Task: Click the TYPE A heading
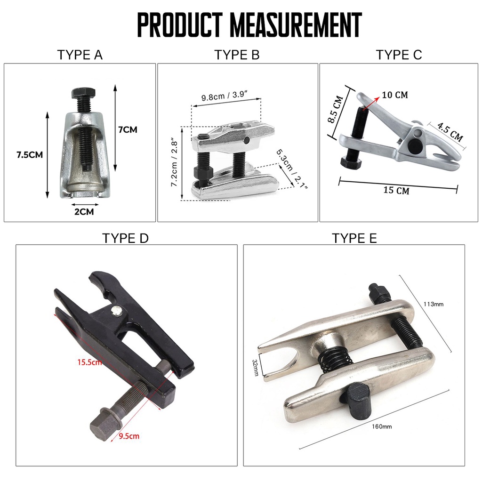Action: coord(80,55)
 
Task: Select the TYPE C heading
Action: coord(399,55)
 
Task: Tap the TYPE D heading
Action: coord(125,238)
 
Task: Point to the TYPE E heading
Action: coord(354,238)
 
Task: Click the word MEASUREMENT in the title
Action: coord(296,24)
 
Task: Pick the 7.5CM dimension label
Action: coord(30,154)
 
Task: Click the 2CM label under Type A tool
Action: coord(84,212)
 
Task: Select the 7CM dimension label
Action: coord(128,130)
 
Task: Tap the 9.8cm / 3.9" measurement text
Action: coord(225,96)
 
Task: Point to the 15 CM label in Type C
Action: coord(396,190)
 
